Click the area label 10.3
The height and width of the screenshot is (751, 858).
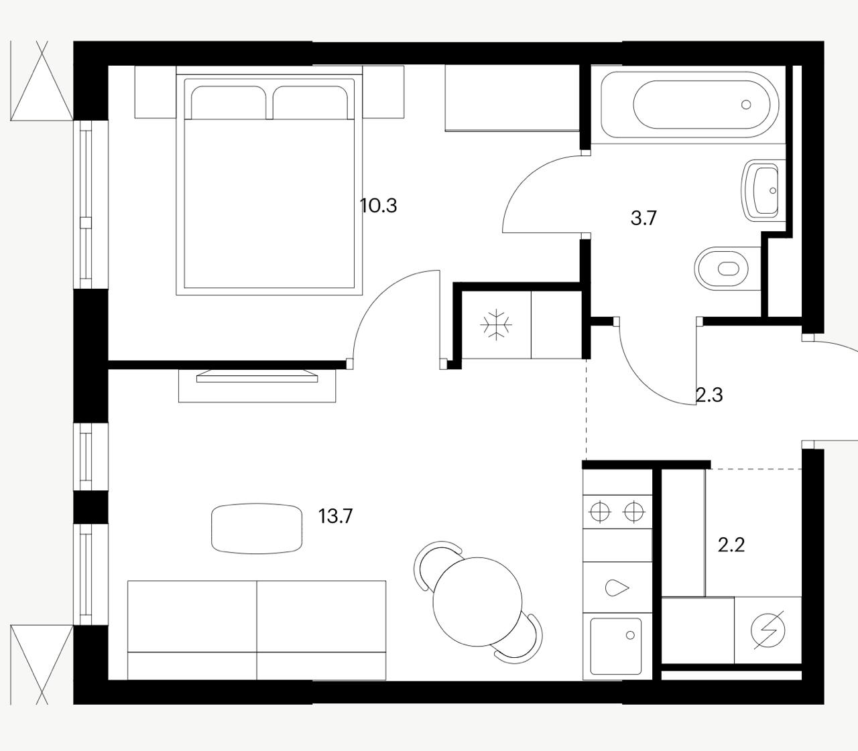point(378,206)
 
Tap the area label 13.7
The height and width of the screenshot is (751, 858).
point(335,516)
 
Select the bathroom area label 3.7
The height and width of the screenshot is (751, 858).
point(643,218)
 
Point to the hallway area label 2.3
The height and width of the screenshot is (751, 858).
point(709,395)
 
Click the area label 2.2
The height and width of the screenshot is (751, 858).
point(731,545)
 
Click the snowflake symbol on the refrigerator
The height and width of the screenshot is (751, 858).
point(497,325)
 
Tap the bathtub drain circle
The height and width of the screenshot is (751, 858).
point(746,105)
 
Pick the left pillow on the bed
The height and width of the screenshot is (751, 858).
point(229,103)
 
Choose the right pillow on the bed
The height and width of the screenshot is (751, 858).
point(310,103)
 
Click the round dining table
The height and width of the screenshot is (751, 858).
point(477,602)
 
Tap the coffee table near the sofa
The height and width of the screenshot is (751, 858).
point(257,529)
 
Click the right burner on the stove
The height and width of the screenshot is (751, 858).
point(633,512)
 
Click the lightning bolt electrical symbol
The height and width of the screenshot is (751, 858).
point(769,630)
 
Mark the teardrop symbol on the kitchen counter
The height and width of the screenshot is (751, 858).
point(617,588)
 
